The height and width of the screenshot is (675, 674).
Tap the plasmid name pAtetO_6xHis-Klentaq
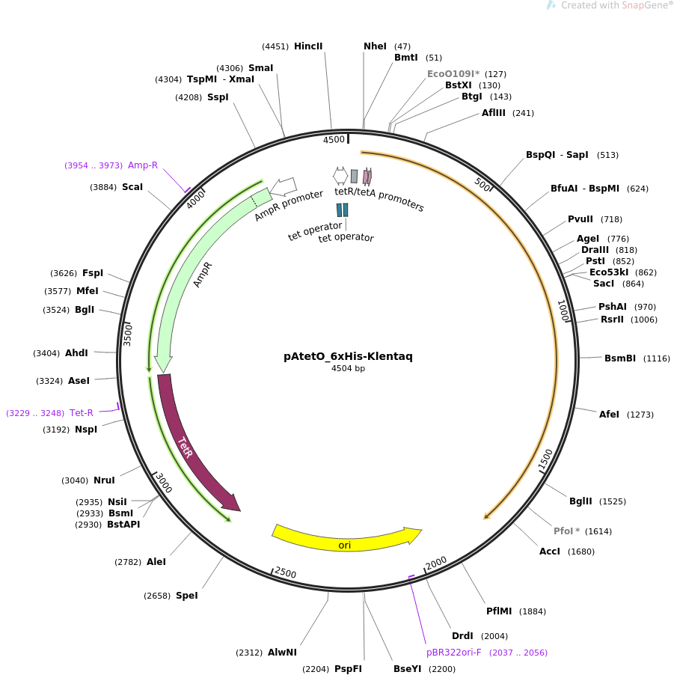point(348,356)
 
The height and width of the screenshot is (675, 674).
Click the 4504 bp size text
point(348,368)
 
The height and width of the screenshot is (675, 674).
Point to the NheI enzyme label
point(375,46)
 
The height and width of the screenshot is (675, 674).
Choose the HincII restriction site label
point(308,46)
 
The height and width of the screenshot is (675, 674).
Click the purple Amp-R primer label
point(143,165)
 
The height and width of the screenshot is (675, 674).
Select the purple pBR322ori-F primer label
point(453,653)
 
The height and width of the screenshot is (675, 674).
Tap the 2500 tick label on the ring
point(285,572)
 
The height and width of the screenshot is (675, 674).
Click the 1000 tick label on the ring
point(563,311)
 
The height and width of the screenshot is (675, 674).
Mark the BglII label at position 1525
point(580,501)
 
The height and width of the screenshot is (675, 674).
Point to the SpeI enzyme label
point(187,596)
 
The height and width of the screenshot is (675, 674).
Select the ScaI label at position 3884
point(132,187)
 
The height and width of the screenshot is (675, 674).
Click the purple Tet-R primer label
point(82,413)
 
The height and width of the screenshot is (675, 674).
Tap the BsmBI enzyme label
point(620,358)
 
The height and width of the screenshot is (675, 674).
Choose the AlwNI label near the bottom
point(282,653)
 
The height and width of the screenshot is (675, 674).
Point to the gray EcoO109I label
point(453,74)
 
